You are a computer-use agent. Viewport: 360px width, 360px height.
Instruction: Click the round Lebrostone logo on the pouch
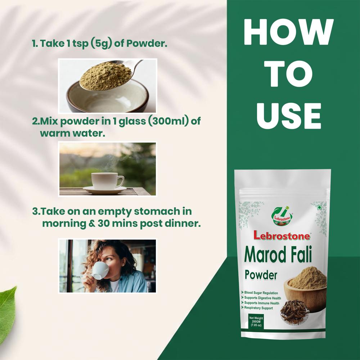pos(282,214)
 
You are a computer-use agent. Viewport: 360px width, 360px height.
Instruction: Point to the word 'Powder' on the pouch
pos(261,275)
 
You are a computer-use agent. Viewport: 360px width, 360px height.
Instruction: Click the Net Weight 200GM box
pos(256,321)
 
